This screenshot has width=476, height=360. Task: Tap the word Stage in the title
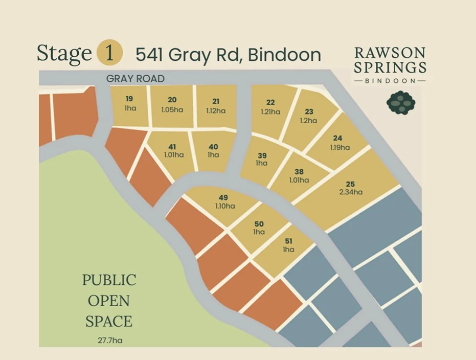[x=64, y=54]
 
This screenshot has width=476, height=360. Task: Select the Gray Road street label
[x=135, y=78]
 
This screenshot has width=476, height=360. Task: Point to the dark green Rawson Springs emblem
[x=400, y=102]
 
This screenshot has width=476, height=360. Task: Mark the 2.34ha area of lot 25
[x=351, y=192]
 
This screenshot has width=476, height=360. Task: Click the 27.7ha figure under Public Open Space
[x=108, y=340]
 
